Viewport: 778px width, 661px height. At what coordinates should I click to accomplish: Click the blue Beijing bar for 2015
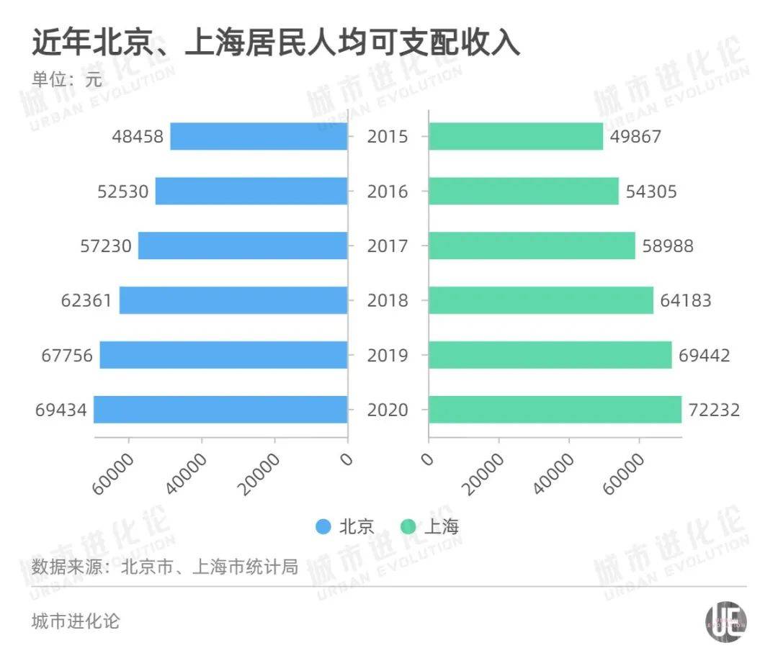click(x=259, y=136)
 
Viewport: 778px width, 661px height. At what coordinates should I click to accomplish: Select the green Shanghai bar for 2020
click(x=555, y=410)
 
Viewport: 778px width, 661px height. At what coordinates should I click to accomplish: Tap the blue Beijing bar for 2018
click(x=233, y=300)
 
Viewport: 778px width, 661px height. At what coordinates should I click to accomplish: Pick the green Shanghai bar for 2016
click(x=524, y=191)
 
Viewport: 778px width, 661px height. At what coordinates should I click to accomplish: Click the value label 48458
click(x=138, y=136)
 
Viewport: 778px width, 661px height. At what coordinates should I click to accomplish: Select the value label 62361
click(x=86, y=300)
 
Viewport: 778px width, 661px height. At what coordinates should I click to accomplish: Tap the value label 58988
click(x=668, y=246)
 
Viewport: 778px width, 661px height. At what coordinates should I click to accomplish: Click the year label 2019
click(x=388, y=355)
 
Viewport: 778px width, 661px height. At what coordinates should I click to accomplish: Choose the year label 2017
click(x=388, y=246)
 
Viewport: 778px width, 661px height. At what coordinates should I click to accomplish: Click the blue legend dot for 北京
click(x=323, y=527)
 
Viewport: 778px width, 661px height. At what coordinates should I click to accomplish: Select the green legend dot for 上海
click(x=408, y=527)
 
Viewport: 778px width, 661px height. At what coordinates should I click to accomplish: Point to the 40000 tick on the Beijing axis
click(x=189, y=472)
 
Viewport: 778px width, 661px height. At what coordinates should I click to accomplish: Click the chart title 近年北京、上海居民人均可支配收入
click(x=276, y=42)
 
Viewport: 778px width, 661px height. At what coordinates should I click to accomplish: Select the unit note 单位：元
click(x=67, y=80)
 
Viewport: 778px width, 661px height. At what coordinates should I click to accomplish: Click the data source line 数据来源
click(x=165, y=567)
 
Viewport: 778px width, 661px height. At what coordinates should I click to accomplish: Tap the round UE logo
click(x=725, y=620)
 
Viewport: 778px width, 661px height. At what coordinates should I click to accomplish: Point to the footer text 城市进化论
click(x=76, y=621)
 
